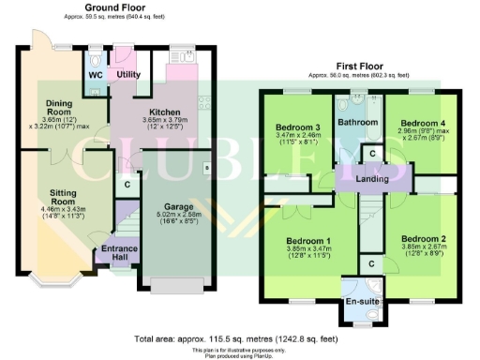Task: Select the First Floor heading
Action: [358, 67]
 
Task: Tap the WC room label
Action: [95, 73]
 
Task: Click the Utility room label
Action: [128, 73]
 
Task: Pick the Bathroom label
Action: [357, 123]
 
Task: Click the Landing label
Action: [370, 177]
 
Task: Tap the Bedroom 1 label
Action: [308, 240]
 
